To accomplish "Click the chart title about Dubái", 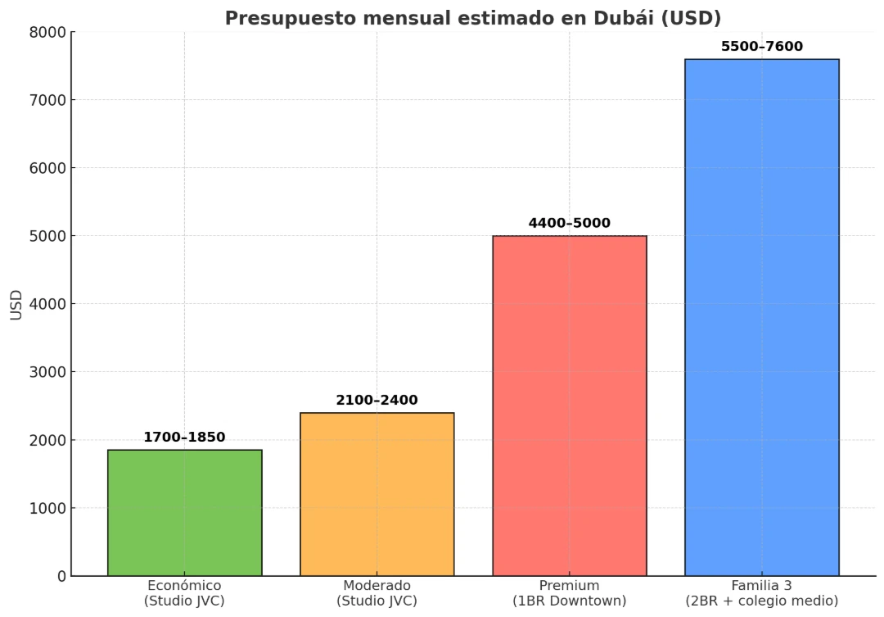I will pyautogui.click(x=472, y=18).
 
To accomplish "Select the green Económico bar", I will pyautogui.click(x=184, y=512).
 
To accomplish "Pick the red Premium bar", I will pyautogui.click(x=569, y=406).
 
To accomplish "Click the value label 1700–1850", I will pyautogui.click(x=184, y=437).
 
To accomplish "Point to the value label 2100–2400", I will pyautogui.click(x=377, y=400).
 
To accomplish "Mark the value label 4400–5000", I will pyautogui.click(x=569, y=223).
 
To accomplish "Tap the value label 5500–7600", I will pyautogui.click(x=761, y=46).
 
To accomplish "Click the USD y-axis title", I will pyautogui.click(x=17, y=304).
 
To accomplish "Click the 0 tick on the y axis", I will pyautogui.click(x=61, y=576).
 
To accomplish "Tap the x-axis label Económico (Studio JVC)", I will pyautogui.click(x=184, y=593).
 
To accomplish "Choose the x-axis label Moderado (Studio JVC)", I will pyautogui.click(x=377, y=593).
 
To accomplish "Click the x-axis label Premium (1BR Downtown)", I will pyautogui.click(x=569, y=593).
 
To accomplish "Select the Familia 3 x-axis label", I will pyautogui.click(x=761, y=593).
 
